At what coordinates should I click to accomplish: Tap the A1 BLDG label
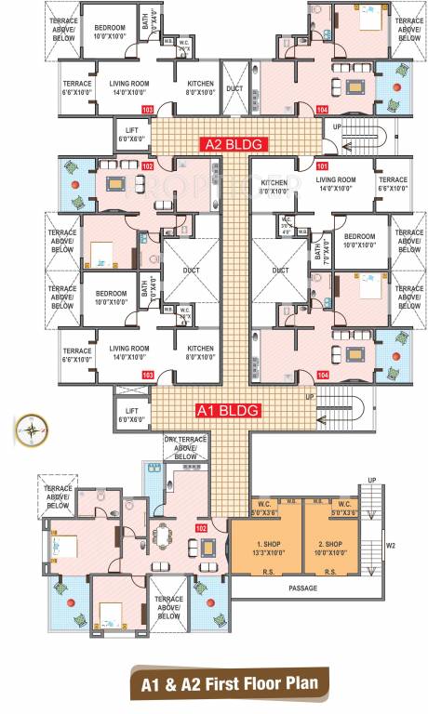[227, 409]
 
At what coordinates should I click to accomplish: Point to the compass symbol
[31, 429]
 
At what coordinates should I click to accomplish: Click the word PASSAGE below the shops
[302, 588]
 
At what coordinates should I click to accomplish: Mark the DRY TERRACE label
[186, 441]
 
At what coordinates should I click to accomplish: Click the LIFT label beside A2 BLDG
[128, 128]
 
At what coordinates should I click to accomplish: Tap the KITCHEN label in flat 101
[274, 182]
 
